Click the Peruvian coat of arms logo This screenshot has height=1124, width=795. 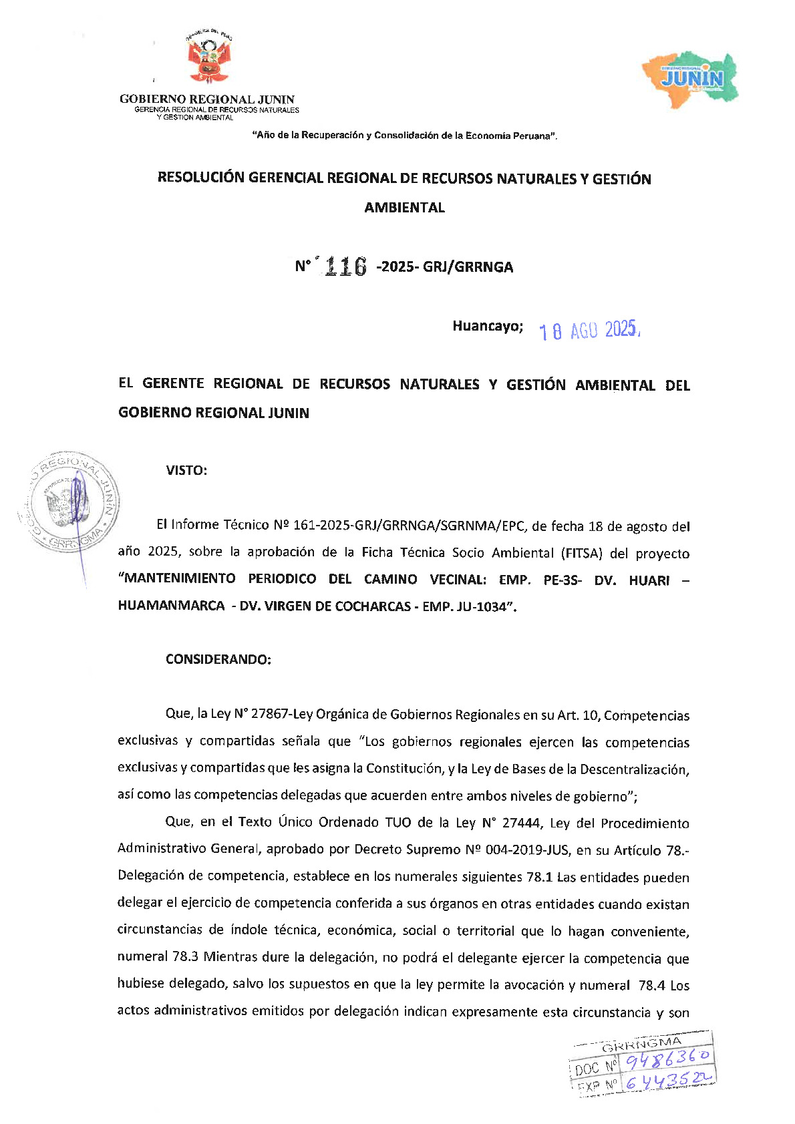tap(207, 59)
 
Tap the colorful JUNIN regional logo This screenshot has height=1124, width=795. tap(690, 77)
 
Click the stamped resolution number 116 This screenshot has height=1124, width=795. tap(344, 267)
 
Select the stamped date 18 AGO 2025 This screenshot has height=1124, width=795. tap(589, 331)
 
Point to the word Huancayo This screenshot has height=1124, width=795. tap(487, 327)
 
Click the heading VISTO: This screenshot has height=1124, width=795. tap(186, 470)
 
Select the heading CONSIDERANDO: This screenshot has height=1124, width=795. tap(218, 659)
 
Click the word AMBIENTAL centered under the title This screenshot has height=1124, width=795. tap(404, 208)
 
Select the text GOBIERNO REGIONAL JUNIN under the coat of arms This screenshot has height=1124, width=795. tap(206, 100)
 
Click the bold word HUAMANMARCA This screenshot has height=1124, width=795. tap(171, 606)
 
